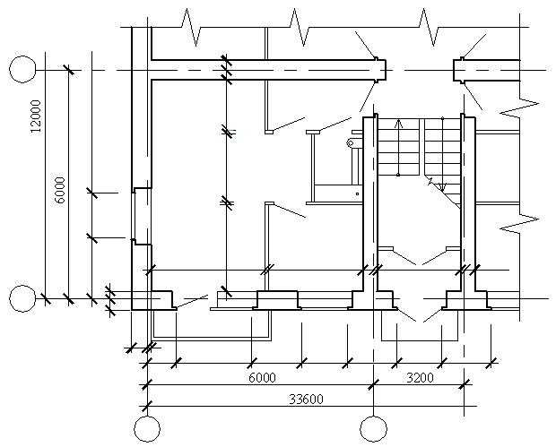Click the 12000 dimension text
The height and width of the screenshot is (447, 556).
(x=36, y=116)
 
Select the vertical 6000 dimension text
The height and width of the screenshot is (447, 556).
(x=60, y=190)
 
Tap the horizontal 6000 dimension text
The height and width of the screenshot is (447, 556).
(x=262, y=378)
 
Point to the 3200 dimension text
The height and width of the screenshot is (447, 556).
(x=420, y=378)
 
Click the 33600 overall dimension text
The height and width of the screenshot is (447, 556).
(x=307, y=400)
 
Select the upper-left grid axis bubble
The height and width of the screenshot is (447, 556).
(x=22, y=69)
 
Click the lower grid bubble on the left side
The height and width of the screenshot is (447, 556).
(x=22, y=298)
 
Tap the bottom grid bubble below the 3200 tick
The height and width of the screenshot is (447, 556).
(x=373, y=429)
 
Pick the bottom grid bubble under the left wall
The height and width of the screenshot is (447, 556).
(x=147, y=429)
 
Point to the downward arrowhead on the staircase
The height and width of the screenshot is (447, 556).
(x=442, y=186)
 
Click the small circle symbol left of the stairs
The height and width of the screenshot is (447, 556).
(x=351, y=143)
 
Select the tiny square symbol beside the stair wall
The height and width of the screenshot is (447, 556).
(x=358, y=193)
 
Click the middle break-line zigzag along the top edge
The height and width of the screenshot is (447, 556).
(x=300, y=27)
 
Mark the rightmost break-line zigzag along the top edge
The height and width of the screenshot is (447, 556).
(x=429, y=27)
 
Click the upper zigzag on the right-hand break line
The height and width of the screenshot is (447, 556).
(x=520, y=107)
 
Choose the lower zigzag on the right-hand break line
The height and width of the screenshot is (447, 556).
(x=520, y=223)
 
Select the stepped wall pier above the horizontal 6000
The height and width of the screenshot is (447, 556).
(x=277, y=300)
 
